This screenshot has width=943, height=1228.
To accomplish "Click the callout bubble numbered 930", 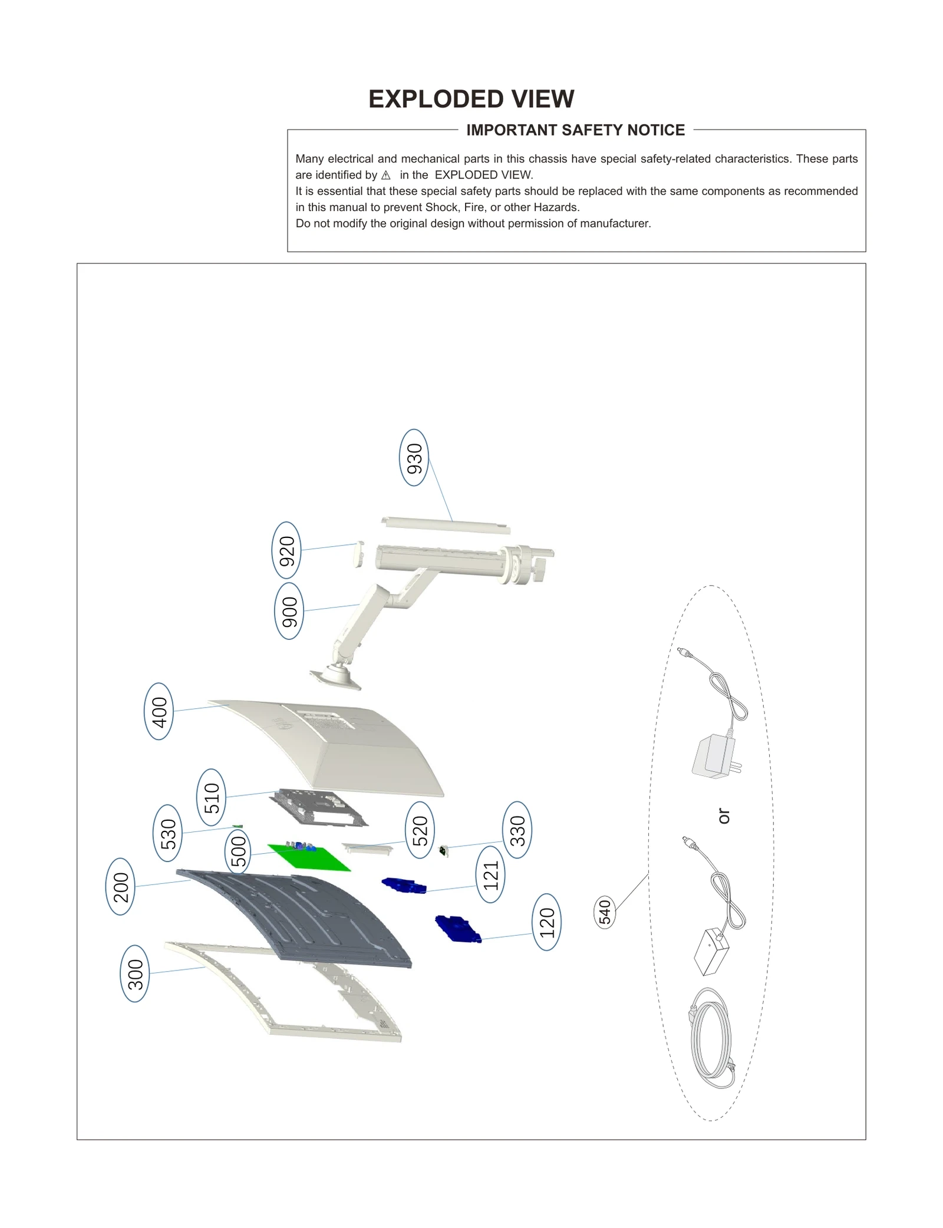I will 414,457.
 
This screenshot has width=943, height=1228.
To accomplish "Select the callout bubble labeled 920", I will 286,550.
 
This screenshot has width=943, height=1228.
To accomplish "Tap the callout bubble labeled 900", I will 289,611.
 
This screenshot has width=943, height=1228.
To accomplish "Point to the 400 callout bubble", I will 159,711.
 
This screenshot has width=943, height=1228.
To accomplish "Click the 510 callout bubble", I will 210,797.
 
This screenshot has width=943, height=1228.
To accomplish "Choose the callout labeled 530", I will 167,833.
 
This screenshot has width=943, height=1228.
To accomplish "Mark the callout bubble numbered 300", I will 134,973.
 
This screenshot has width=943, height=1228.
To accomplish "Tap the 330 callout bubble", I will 517,830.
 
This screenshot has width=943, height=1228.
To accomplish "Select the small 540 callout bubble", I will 605,912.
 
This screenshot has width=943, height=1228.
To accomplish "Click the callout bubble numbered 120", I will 546,922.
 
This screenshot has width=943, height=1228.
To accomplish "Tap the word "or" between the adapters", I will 724,816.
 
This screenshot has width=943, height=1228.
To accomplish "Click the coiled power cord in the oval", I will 712,1037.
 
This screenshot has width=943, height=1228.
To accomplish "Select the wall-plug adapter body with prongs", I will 714,757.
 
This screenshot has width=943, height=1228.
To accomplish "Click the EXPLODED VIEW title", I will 471,99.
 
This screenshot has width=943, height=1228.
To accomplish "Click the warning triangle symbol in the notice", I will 386,175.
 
